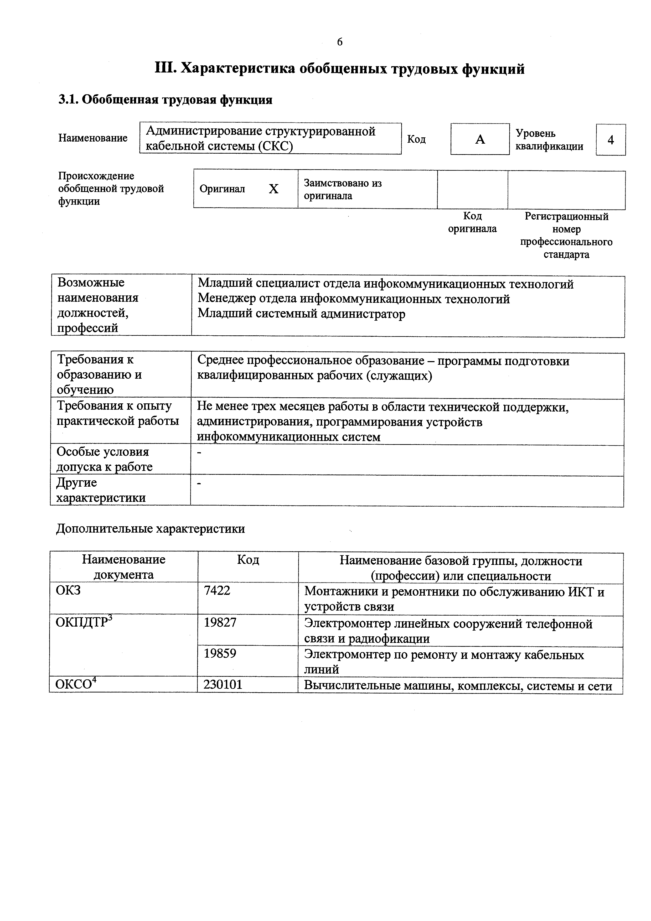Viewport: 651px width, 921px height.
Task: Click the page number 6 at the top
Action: point(339,42)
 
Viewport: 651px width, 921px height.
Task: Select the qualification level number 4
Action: point(611,140)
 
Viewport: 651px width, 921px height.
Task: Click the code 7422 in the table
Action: point(217,591)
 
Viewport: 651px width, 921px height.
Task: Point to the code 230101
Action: point(223,685)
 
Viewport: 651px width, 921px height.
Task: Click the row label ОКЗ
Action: point(68,590)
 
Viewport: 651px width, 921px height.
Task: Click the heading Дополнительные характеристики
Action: point(151,529)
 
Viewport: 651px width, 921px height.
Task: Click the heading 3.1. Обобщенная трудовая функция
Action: point(165,100)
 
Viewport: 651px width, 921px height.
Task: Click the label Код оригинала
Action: point(472,223)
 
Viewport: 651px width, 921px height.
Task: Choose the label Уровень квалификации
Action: point(549,140)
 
